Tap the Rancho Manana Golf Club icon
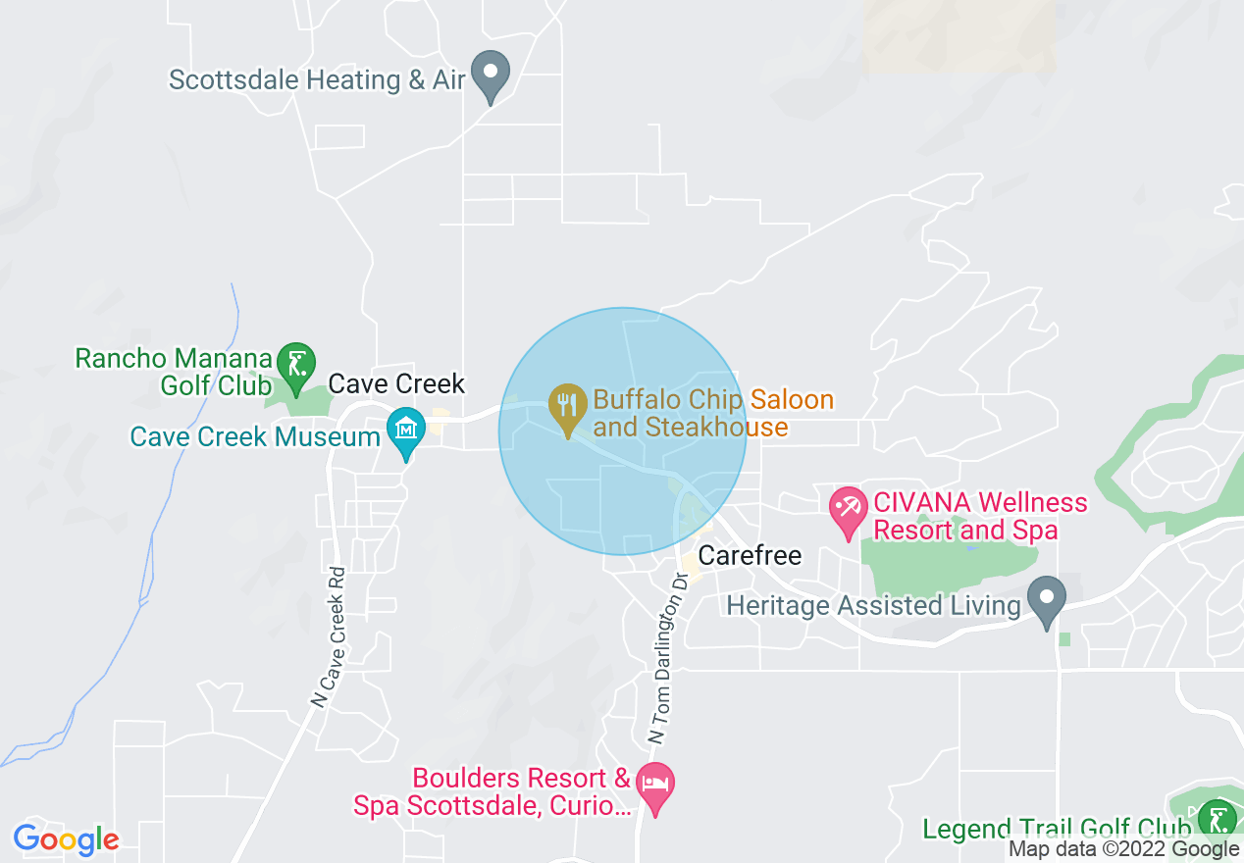(295, 364)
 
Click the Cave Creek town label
(396, 383)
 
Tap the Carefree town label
(750, 556)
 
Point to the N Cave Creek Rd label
(330, 637)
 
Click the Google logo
(66, 839)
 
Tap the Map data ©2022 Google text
(1124, 850)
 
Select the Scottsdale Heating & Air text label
(317, 79)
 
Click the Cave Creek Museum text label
(255, 436)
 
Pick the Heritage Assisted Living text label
(873, 605)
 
